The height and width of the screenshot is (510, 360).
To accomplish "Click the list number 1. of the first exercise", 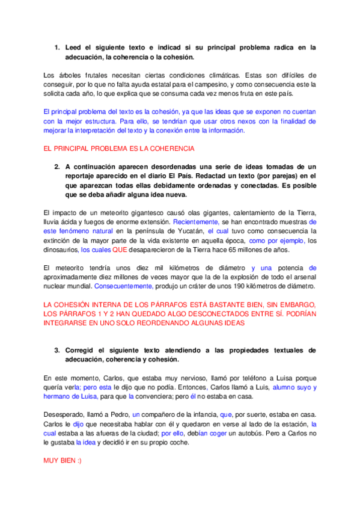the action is coord(57,47).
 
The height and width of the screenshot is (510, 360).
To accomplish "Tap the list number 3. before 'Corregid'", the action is coord(57,350).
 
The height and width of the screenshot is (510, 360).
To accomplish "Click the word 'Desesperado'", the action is coord(66,415).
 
